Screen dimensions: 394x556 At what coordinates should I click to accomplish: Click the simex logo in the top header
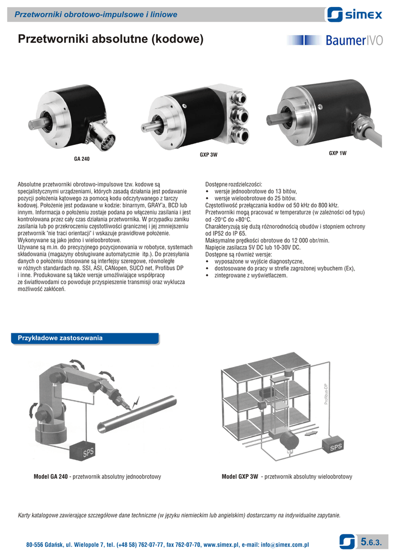(354, 15)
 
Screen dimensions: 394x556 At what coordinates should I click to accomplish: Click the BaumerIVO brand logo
(335, 40)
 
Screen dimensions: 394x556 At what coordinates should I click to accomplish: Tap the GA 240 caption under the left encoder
(82, 159)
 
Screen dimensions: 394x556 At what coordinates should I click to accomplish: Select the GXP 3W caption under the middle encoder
(208, 155)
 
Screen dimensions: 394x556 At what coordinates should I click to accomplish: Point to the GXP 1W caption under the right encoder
(337, 153)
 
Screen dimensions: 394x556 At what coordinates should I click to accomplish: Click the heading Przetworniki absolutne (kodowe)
(111, 39)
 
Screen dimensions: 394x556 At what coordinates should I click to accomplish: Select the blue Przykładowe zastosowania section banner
(85, 338)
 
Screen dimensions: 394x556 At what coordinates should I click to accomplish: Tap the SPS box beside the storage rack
(333, 445)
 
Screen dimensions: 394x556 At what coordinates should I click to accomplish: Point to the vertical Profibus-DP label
(326, 394)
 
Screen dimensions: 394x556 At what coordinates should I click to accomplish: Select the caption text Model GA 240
(51, 477)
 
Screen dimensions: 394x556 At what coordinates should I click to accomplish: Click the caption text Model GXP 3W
(240, 477)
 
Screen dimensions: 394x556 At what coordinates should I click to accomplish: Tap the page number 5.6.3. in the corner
(371, 542)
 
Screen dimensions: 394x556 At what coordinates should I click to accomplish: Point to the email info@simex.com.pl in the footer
(285, 545)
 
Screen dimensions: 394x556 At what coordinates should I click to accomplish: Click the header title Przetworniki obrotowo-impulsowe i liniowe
(96, 15)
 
